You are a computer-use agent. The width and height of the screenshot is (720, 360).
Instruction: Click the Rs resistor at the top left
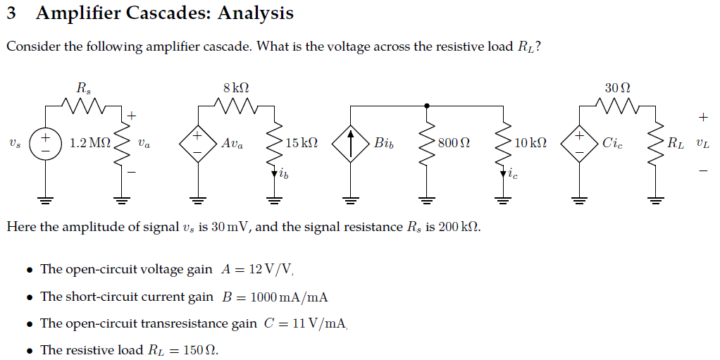83,106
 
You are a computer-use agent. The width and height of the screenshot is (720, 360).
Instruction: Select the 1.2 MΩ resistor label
90,143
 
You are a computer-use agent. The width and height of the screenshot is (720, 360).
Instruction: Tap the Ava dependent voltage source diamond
197,143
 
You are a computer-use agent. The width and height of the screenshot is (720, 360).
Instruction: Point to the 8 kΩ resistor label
235,88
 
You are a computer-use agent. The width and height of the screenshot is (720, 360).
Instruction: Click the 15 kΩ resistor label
302,143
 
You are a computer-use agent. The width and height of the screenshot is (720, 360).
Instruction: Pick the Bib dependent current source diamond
351,143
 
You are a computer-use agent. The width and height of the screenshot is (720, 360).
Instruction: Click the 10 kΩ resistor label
530,143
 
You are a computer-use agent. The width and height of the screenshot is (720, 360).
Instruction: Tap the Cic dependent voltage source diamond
579,143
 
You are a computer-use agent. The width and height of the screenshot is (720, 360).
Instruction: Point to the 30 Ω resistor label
617,88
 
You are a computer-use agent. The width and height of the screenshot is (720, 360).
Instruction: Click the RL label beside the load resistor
676,144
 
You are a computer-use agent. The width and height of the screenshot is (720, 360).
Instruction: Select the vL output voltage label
702,144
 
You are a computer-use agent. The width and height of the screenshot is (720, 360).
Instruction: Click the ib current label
283,173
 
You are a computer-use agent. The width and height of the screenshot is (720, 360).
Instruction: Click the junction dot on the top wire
427,106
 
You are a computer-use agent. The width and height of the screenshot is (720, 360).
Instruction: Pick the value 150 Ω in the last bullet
200,350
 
